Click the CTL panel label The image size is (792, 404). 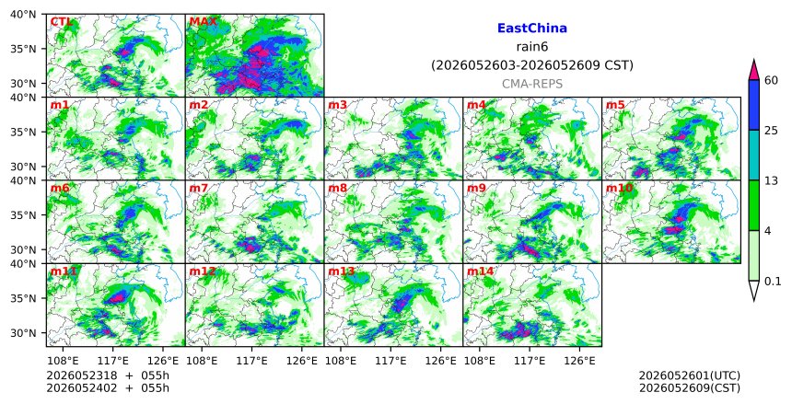[x=61, y=22]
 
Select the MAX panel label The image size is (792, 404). [x=203, y=22]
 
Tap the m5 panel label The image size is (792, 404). [x=615, y=105]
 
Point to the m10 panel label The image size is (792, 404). [x=619, y=189]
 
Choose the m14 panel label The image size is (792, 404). [x=481, y=271]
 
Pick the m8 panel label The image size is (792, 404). [x=338, y=189]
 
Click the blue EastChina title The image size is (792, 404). [x=532, y=29]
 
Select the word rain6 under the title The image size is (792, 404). [x=532, y=47]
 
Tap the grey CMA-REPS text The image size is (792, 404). [x=532, y=84]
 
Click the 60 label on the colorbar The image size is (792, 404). [x=771, y=80]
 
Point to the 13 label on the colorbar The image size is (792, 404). [x=771, y=180]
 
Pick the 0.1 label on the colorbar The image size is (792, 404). [x=773, y=282]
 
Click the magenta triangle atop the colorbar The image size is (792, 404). [x=753, y=71]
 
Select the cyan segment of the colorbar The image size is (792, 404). [x=753, y=156]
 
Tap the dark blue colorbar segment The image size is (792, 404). [x=753, y=105]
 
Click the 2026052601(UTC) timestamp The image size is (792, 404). [x=690, y=375]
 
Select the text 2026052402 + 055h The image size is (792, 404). [x=108, y=388]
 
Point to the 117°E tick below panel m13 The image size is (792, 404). [x=390, y=361]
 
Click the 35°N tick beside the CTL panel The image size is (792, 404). [x=24, y=49]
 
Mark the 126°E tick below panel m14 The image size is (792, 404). [x=579, y=361]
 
